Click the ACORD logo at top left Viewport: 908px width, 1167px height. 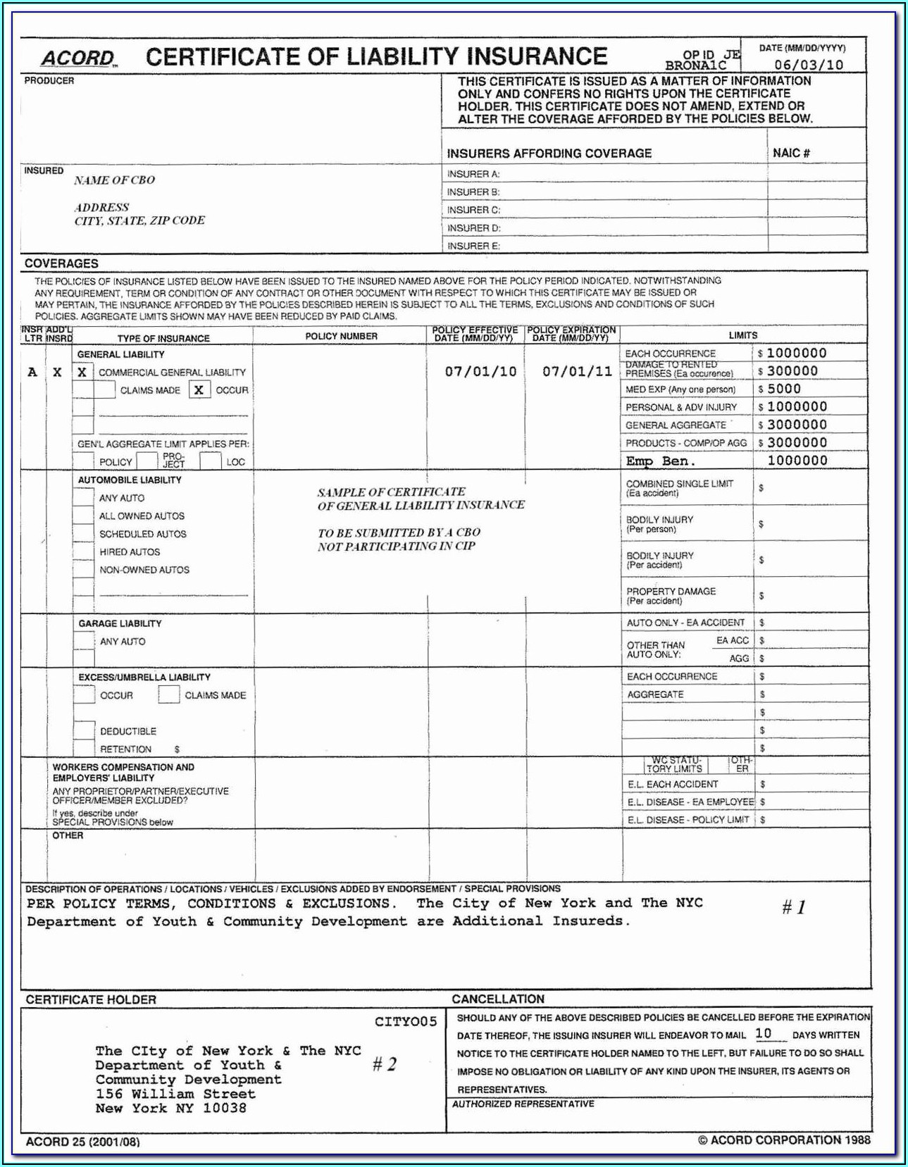click(x=77, y=58)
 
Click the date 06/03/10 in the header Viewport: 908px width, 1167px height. click(x=809, y=65)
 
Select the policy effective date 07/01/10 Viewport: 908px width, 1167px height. click(x=480, y=371)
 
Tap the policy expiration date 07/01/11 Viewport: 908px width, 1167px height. click(x=577, y=371)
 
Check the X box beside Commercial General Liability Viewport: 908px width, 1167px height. click(x=82, y=372)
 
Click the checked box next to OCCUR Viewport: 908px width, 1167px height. click(x=199, y=389)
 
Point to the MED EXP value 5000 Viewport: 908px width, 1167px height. click(x=784, y=389)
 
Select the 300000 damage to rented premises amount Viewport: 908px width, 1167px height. click(x=792, y=371)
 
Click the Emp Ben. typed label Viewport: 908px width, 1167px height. click(x=660, y=461)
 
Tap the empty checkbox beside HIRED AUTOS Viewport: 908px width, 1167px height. click(x=83, y=551)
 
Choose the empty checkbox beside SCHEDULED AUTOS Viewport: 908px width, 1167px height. click(x=83, y=534)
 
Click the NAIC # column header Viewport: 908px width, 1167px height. click(x=791, y=153)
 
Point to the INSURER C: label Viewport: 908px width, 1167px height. click(x=473, y=210)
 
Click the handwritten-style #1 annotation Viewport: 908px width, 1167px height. click(x=793, y=907)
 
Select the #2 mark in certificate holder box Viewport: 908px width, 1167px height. click(x=385, y=1063)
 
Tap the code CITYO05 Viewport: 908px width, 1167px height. click(x=406, y=1021)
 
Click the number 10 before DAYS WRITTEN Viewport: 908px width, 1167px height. click(x=764, y=1034)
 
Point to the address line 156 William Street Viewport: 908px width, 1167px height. click(x=175, y=1094)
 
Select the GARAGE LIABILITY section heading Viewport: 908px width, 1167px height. click(x=120, y=623)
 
